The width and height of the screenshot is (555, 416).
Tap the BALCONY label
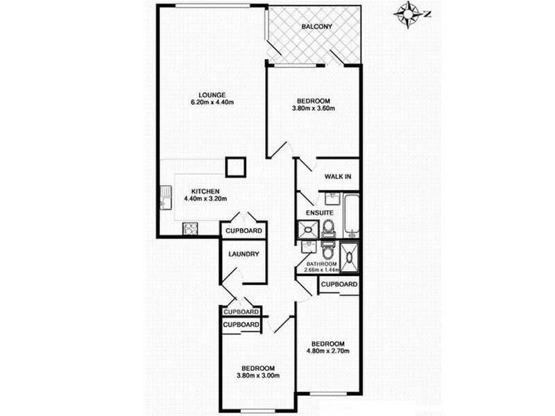317,27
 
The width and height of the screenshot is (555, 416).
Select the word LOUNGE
212,95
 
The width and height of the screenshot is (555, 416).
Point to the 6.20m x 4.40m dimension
212,103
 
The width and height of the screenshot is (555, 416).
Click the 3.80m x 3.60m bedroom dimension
313,108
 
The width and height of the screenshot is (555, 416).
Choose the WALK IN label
338,177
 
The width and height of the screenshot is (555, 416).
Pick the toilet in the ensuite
329,229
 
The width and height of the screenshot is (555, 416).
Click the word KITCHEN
206,191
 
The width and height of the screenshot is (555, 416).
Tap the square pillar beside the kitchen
235,167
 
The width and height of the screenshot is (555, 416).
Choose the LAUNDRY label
244,254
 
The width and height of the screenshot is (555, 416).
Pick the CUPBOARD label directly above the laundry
244,231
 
